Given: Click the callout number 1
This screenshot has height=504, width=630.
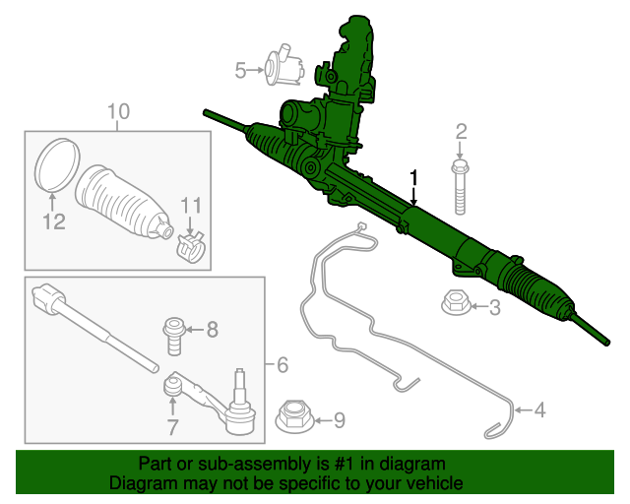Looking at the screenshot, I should tap(414, 177).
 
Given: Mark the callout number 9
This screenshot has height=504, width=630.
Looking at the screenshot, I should tap(340, 420).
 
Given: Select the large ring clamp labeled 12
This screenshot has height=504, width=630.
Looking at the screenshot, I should tap(56, 165).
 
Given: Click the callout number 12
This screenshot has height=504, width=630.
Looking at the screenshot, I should tap(53, 222).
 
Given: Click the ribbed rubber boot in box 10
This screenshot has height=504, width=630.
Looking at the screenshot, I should tap(123, 202).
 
